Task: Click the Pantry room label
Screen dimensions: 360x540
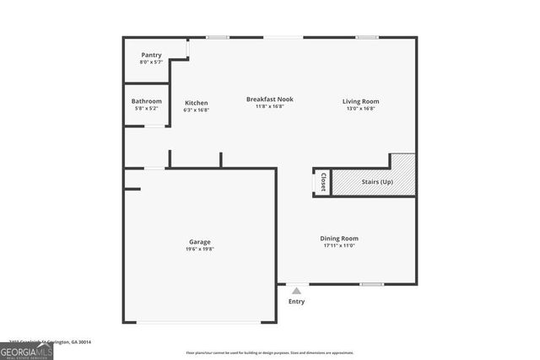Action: [152, 55]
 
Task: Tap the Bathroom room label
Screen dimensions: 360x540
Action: [147, 101]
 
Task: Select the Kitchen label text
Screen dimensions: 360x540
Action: [197, 103]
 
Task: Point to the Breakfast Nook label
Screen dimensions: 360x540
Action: [269, 99]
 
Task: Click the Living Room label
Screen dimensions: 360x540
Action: [359, 102]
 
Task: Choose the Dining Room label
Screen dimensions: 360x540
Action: [339, 239]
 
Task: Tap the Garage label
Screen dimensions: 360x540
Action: [200, 242]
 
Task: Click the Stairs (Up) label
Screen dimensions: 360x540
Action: [376, 181]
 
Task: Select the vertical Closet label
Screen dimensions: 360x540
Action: [322, 181]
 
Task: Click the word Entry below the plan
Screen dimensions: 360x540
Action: [297, 302]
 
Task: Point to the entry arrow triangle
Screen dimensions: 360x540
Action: [296, 290]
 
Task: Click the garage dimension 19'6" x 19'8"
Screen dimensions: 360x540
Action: [200, 249]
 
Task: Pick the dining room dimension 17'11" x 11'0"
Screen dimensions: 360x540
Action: [339, 245]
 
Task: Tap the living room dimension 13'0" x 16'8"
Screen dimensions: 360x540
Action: [359, 109]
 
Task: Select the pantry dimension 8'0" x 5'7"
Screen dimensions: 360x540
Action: [152, 62]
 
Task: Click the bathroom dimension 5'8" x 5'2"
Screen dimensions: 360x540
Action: [147, 108]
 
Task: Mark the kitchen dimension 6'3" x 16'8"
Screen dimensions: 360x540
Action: [197, 110]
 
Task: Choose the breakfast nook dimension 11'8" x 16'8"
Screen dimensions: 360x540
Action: [269, 106]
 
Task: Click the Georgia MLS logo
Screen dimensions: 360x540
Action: [26, 351]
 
